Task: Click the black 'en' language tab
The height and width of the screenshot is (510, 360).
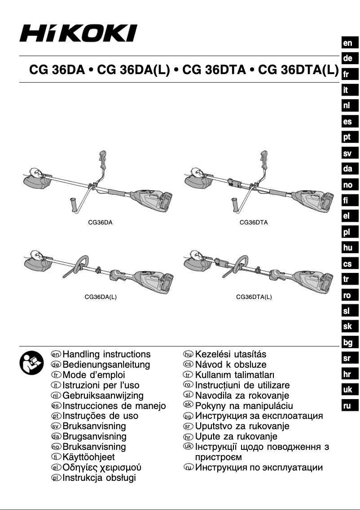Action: pyautogui.click(x=348, y=43)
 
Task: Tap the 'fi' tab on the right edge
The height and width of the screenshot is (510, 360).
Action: pyautogui.click(x=348, y=200)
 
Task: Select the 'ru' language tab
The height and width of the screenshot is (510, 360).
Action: pyautogui.click(x=348, y=405)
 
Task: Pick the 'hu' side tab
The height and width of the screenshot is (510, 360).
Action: pyautogui.click(x=348, y=247)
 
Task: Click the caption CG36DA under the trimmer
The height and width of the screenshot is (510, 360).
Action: pyautogui.click(x=99, y=222)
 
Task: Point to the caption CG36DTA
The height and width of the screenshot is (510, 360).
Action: pyautogui.click(x=254, y=222)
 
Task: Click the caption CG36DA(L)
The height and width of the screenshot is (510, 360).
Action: pyautogui.click(x=101, y=297)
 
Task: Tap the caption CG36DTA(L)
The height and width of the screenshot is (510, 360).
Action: pyautogui.click(x=254, y=297)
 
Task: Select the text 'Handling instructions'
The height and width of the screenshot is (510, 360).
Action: pyautogui.click(x=107, y=355)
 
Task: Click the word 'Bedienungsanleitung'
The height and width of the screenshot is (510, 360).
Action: pyautogui.click(x=106, y=365)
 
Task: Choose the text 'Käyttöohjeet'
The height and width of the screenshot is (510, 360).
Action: pyautogui.click(x=89, y=457)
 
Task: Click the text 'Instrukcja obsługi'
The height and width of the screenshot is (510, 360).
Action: pyautogui.click(x=99, y=478)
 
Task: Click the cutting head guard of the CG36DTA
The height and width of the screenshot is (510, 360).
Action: pyautogui.click(x=196, y=182)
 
